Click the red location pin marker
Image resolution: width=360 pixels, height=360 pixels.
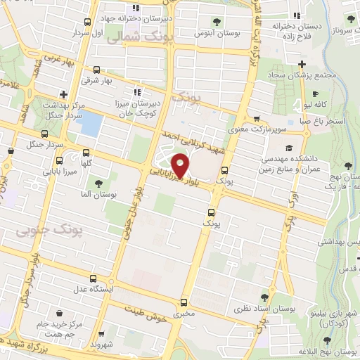(181, 165)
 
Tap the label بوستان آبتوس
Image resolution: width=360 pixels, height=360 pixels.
(214, 33)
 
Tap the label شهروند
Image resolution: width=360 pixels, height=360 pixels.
(102, 345)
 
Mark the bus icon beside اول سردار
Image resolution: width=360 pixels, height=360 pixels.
(86, 22)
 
